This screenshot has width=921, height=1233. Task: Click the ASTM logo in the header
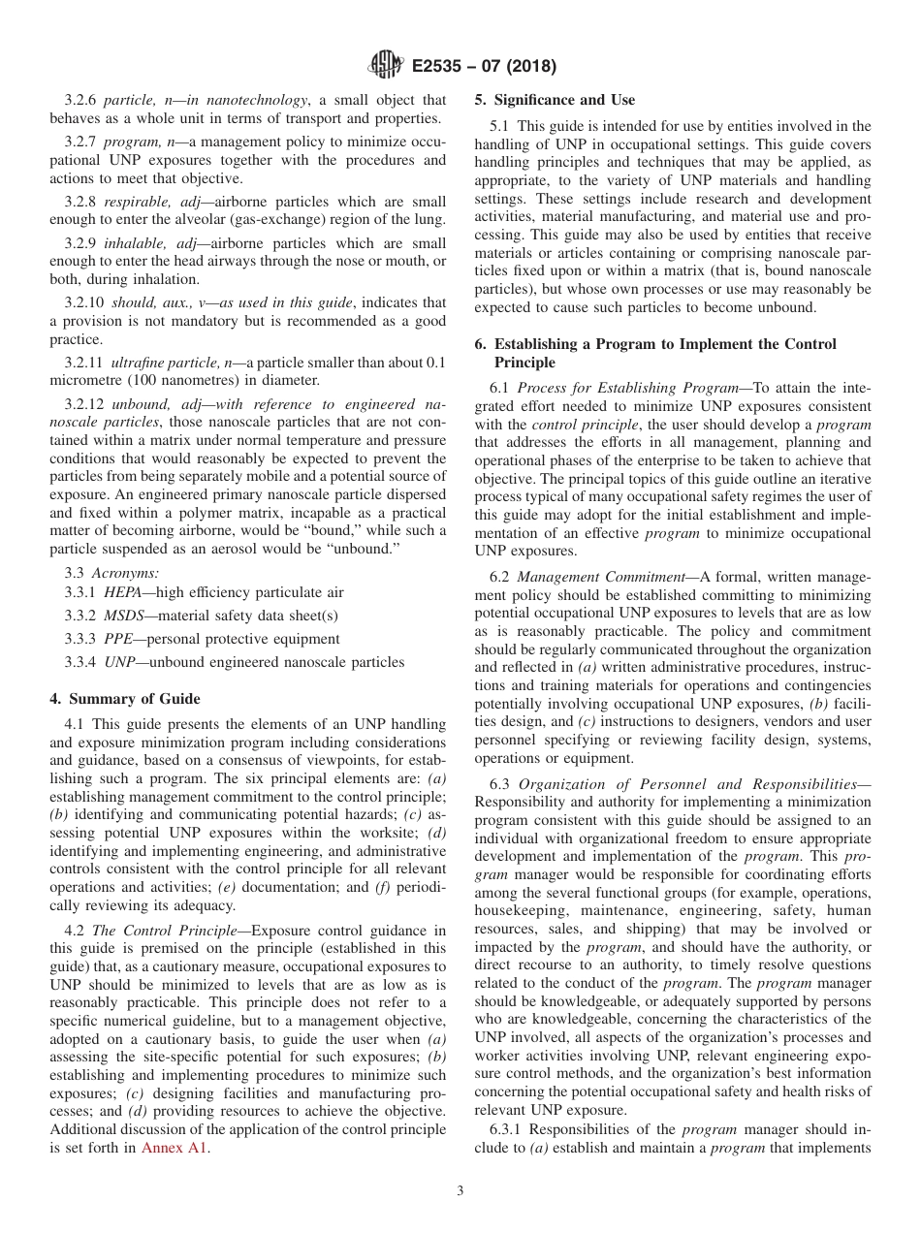(387, 67)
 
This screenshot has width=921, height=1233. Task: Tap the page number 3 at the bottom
(460, 1191)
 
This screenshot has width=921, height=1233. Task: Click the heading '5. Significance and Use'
(555, 100)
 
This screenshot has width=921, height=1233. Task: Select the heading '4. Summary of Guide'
(124, 699)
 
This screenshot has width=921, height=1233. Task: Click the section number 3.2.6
(81, 100)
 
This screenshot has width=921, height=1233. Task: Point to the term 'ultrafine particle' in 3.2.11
(166, 362)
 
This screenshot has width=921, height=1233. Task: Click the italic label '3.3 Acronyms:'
(111, 573)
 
